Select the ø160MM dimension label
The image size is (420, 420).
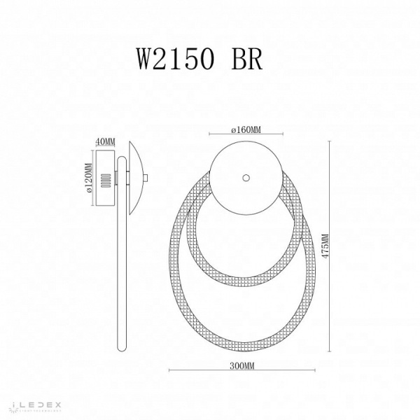click(245, 129)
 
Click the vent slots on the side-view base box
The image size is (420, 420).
click(106, 181)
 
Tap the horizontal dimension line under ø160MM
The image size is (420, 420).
click(245, 134)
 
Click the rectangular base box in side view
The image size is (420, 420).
click(106, 180)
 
